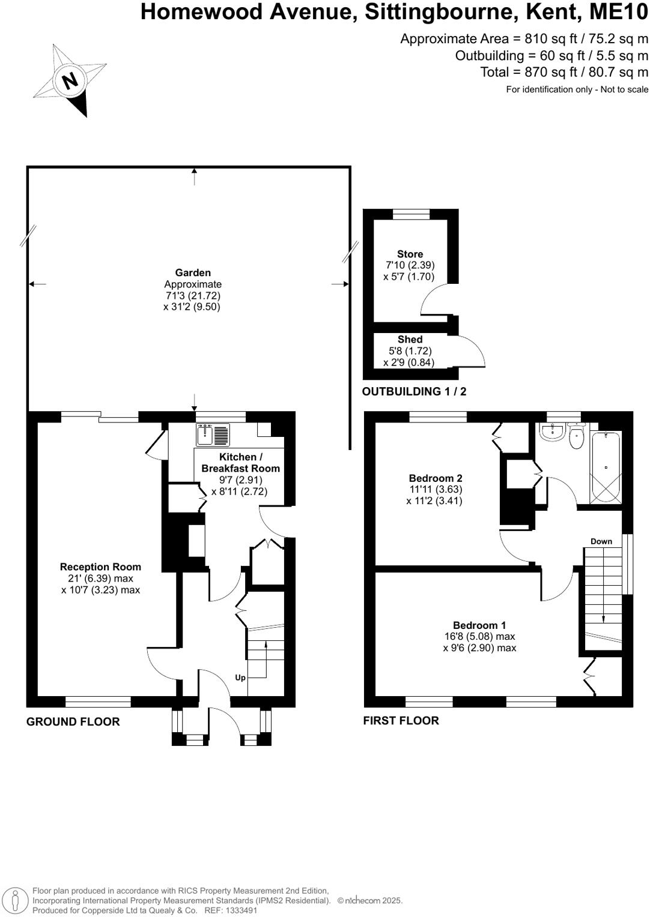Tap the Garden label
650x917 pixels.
click(193, 272)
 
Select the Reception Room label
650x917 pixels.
click(100, 567)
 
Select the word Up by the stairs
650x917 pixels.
click(240, 678)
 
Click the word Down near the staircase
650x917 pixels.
click(601, 541)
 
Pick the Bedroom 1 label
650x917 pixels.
click(479, 625)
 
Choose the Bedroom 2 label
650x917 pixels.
click(435, 478)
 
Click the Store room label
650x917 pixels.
click(410, 254)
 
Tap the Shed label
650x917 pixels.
click(410, 339)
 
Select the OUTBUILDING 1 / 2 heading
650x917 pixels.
click(414, 392)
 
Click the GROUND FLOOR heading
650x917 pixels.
click(73, 721)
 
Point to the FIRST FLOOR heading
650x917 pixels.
click(401, 720)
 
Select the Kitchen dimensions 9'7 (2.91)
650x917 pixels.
click(240, 480)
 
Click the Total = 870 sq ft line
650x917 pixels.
click(564, 72)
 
